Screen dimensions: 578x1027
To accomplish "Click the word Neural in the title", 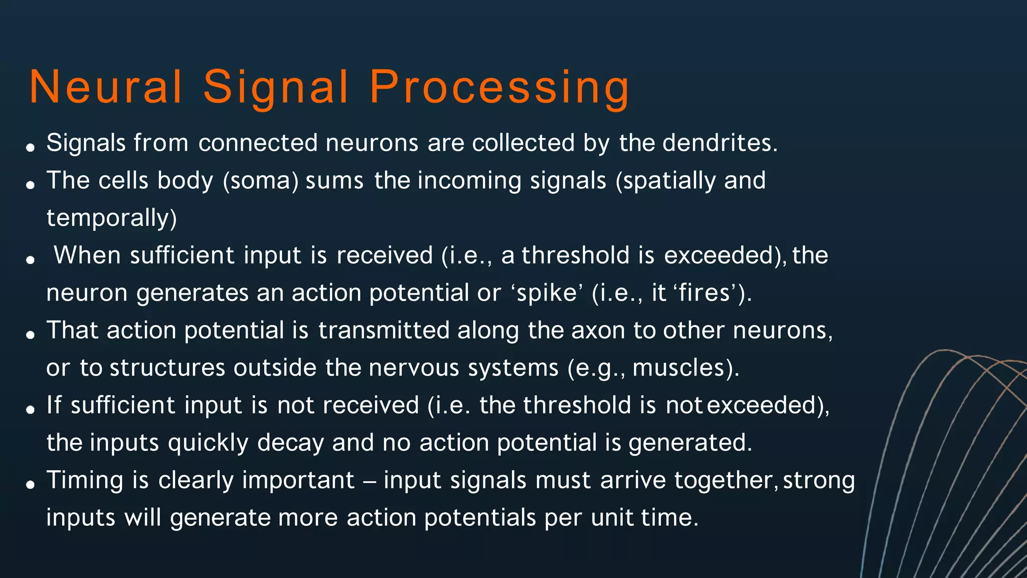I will [x=106, y=87].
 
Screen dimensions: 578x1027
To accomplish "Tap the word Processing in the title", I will [x=499, y=87].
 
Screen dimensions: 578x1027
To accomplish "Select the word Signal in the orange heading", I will [x=276, y=87].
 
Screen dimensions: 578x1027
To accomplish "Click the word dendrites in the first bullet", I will [x=720, y=143].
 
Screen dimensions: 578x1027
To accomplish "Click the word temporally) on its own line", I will [x=112, y=218].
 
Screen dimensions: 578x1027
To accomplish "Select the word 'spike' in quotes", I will [x=547, y=293].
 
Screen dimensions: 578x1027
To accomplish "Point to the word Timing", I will [x=85, y=481].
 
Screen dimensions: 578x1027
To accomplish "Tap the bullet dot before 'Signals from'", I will [x=31, y=147].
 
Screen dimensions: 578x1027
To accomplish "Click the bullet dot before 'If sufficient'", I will [x=31, y=409].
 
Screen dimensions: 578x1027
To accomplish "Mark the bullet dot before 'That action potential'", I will [x=31, y=335].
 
